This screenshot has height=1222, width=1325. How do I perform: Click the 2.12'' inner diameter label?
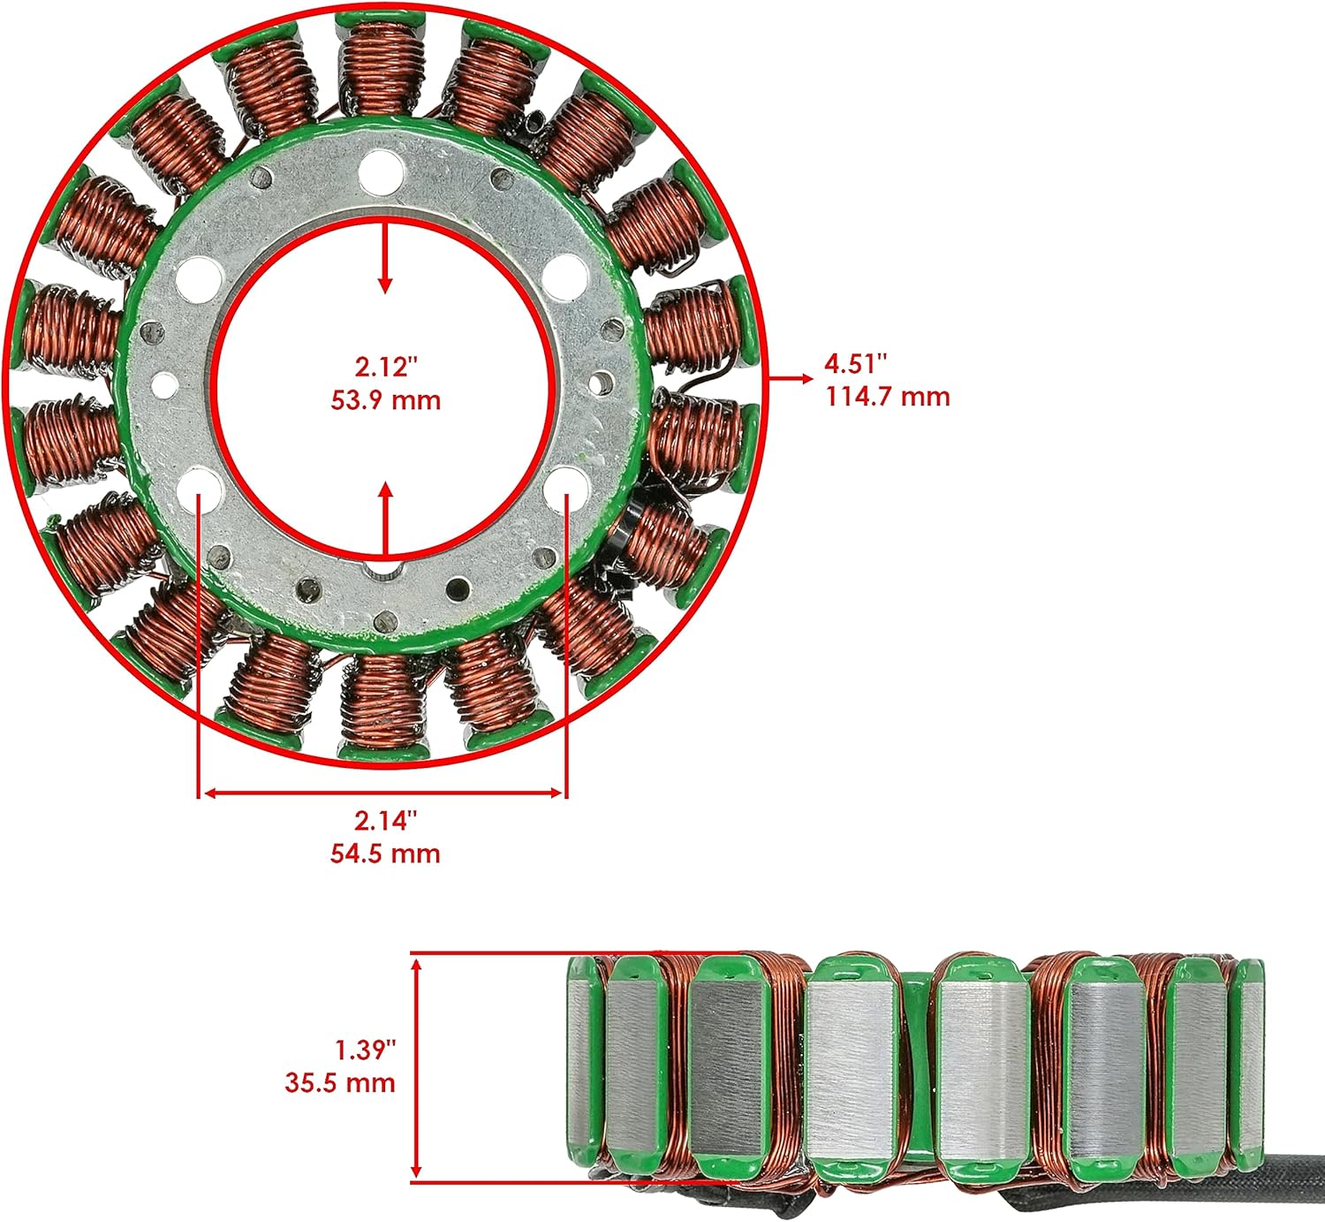coord(385,366)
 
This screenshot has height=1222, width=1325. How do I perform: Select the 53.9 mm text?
coord(385,400)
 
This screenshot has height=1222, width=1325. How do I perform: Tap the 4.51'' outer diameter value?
coord(855,363)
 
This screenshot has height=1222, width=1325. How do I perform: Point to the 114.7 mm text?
coord(888,397)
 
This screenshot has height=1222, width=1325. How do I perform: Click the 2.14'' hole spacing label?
coord(385,821)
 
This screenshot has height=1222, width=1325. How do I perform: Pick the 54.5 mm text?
coord(385,854)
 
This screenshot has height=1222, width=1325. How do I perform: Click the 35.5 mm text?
coord(340,1083)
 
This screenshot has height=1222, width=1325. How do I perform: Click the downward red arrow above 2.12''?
coord(384,257)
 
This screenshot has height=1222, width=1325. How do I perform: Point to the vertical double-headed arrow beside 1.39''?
coord(417,1067)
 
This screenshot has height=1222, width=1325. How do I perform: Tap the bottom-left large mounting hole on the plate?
coord(201,487)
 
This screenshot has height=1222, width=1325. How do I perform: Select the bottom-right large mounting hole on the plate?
coord(568,487)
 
